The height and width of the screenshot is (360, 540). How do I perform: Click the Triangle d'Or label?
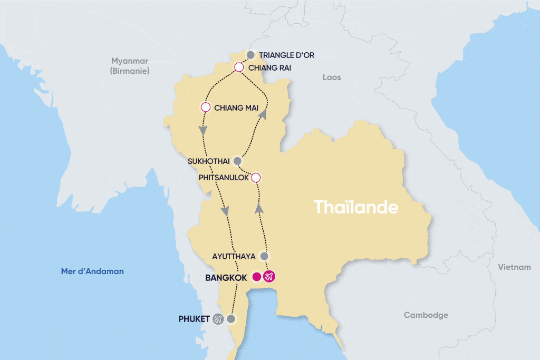coord(286,55)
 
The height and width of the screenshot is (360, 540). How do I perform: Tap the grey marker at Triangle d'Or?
coord(251,54)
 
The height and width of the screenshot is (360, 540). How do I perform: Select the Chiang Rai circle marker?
coord(238,67)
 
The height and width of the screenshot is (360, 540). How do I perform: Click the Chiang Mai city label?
coord(236,108)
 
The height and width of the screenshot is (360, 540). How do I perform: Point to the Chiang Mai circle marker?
coord(206,107)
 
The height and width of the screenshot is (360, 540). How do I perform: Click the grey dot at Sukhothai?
coord(237,161)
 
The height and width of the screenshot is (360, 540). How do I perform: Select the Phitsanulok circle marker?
coord(256,178)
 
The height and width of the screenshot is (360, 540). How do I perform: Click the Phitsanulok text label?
coord(224,178)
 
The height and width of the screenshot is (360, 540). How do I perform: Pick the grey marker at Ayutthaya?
coord(265,256)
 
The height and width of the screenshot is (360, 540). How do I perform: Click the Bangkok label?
coord(226,277)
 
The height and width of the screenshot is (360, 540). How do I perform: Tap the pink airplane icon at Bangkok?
coord(269,277)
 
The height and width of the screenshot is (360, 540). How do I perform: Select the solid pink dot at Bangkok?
coord(257,277)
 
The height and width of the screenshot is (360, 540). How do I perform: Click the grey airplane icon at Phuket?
coord(218,319)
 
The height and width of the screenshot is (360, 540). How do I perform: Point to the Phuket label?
coord(194,319)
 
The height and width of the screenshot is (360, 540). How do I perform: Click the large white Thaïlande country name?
coord(356,207)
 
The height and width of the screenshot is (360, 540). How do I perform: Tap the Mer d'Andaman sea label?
coord(92,271)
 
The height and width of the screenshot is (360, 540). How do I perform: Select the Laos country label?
coord(332,77)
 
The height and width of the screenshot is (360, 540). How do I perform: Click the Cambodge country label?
coord(426,315)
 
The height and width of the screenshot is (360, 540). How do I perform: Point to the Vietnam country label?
coord(514,267)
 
